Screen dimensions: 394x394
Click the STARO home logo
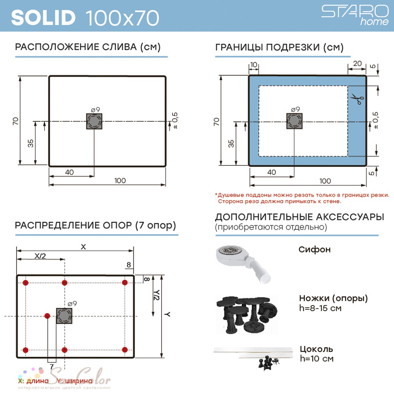[355, 15]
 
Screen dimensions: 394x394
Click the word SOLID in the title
[43, 18]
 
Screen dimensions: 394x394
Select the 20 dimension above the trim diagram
[357, 63]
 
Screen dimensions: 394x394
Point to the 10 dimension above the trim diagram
[254, 65]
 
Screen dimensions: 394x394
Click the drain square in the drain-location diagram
[94, 121]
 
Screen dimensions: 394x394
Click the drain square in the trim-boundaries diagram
[294, 121]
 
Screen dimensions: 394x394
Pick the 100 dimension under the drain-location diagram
[120, 180]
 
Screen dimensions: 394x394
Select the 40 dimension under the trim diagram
[271, 172]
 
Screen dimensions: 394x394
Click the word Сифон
[314, 249]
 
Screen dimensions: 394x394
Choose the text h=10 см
[317, 359]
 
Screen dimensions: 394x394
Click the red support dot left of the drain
[47, 316]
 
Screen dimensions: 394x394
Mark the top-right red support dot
[125, 282]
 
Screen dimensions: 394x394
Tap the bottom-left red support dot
[25, 350]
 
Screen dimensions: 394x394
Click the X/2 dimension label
[40, 256]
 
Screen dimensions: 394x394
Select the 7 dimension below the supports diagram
[52, 366]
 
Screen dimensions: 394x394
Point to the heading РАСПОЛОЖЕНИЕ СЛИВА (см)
[88, 47]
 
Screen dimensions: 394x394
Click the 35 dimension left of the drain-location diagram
[30, 143]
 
